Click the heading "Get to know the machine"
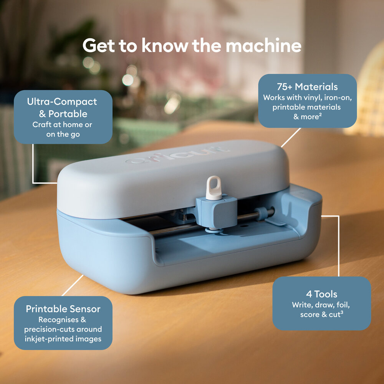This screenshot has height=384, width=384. tap(192, 46)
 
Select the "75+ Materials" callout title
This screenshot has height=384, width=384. tap(307, 86)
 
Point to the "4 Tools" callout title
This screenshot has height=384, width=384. tap(322, 294)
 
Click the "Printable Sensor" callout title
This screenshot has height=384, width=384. tap(63, 309)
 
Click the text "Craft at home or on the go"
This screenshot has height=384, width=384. tap(62, 129)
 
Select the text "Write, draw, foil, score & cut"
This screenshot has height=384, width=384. tap(321, 310)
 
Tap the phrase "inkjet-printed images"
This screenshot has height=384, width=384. tap(63, 338)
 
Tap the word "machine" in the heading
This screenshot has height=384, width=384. tap(263, 46)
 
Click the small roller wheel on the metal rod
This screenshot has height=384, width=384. tap(262, 213)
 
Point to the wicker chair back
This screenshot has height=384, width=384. tap(369, 100)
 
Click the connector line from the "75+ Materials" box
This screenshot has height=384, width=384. tap(291, 137)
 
